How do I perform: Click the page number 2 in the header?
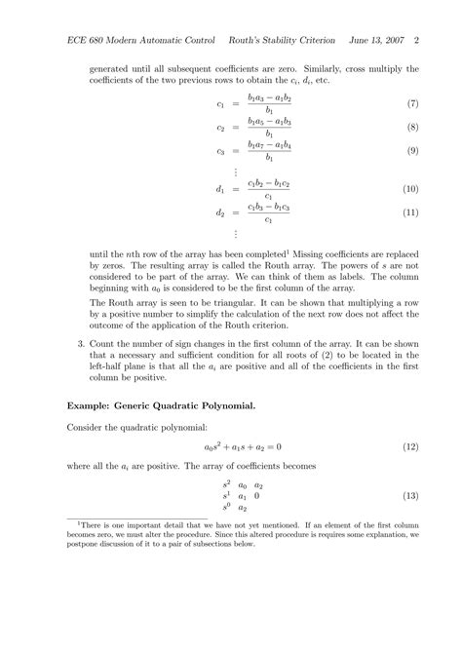pyautogui.click(x=416, y=42)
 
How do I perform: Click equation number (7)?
pyautogui.click(x=411, y=103)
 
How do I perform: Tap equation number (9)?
pyautogui.click(x=411, y=151)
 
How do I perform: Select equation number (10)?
pyautogui.click(x=410, y=188)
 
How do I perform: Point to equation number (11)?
pyautogui.click(x=410, y=212)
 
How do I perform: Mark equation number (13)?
pyautogui.click(x=410, y=496)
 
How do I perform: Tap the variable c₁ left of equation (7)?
pyautogui.click(x=221, y=103)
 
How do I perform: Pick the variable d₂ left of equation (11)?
pyautogui.click(x=221, y=212)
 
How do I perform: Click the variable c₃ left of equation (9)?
pyautogui.click(x=221, y=151)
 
